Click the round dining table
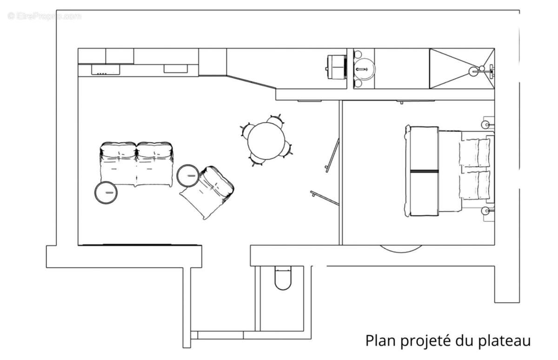coord(266,140)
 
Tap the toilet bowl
coord(283,278)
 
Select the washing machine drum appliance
coord(337,68)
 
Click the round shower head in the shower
coord(473,72)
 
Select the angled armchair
coord(207,192)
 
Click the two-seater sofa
coord(137,163)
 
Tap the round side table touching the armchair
coord(189,175)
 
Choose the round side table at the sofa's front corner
coord(106,193)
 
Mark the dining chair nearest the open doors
coord(289,149)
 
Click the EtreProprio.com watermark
coord(44,16)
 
